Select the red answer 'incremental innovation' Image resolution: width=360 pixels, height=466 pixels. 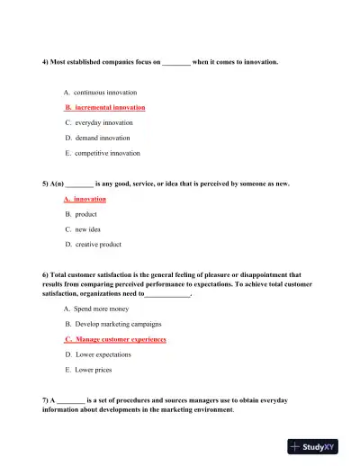coord(109,107)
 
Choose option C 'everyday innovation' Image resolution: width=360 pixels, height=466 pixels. coord(103,122)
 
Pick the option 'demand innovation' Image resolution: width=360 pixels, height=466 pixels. coord(102,138)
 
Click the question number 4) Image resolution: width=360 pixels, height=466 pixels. coord(46,62)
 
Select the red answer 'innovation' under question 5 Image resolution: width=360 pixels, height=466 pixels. coord(90,199)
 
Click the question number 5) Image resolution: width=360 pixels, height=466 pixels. coord(46,184)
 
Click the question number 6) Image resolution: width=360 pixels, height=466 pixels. coord(46,274)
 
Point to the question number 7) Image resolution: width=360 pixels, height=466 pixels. coord(46,399)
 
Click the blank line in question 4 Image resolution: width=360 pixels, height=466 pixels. coord(176,63)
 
